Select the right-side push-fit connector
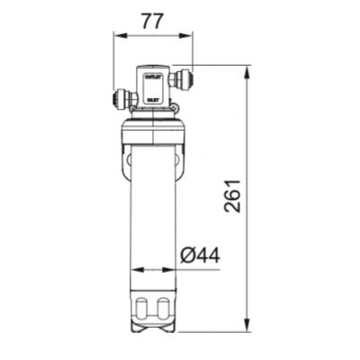(185, 79)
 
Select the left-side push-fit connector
(121, 96)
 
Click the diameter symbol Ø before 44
(187, 256)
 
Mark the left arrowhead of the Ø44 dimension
(136, 268)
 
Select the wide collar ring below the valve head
(153, 135)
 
